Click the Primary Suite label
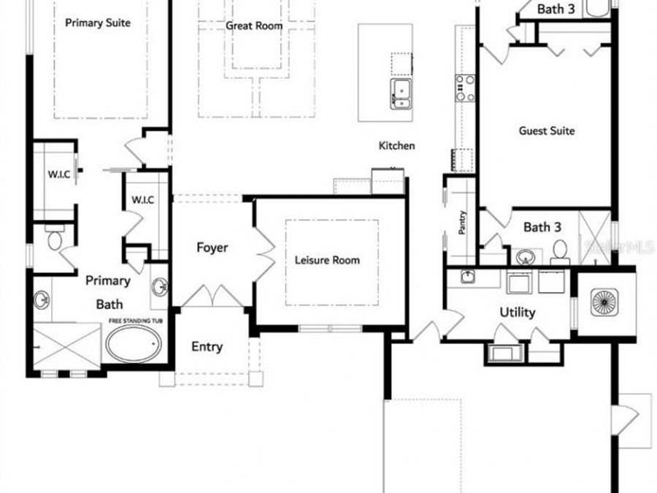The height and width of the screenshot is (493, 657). pyautogui.click(x=98, y=23)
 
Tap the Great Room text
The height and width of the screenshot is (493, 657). pyautogui.click(x=253, y=26)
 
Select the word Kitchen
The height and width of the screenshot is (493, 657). pyautogui.click(x=396, y=146)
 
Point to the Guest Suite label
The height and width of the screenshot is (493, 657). pyautogui.click(x=547, y=131)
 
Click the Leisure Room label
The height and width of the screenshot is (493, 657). pyautogui.click(x=327, y=260)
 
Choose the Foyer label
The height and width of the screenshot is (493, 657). pyautogui.click(x=212, y=248)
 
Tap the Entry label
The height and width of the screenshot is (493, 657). pyautogui.click(x=207, y=347)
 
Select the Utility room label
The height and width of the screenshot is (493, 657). pyautogui.click(x=517, y=313)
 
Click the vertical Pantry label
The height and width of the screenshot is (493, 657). pyautogui.click(x=462, y=222)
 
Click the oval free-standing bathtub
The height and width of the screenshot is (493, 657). pyautogui.click(x=134, y=343)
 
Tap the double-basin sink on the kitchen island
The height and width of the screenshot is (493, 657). pyautogui.click(x=400, y=93)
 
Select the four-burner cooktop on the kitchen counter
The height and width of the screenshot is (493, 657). pyautogui.click(x=465, y=88)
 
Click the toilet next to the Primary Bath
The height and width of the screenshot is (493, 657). pyautogui.click(x=55, y=240)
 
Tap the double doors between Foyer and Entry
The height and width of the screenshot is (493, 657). pyautogui.click(x=211, y=296)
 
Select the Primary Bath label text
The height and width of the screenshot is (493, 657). pyautogui.click(x=108, y=292)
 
